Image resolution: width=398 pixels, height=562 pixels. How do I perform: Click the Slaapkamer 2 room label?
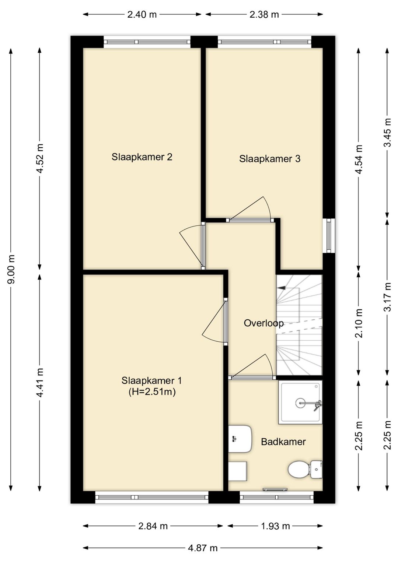142,157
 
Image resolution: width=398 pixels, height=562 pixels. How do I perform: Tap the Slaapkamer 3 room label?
269,159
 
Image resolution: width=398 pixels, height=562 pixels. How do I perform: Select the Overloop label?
263,323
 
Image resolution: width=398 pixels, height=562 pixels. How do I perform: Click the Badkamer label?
283,442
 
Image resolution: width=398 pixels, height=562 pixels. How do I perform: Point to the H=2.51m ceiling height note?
152,392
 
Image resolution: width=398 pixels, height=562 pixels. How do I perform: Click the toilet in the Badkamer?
304,470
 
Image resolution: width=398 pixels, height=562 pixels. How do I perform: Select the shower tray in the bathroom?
300,402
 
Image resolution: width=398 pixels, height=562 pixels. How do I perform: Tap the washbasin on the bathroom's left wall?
239,439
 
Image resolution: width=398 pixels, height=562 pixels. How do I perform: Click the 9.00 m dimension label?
11,269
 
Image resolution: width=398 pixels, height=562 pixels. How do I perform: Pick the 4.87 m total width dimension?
202,548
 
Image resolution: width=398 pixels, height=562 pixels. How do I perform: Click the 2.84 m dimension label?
153,526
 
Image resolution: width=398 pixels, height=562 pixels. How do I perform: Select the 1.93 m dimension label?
275,526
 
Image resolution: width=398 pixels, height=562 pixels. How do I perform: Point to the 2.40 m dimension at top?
142,15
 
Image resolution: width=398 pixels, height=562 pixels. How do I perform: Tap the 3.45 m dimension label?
387,133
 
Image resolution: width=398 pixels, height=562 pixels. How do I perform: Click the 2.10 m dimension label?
359,323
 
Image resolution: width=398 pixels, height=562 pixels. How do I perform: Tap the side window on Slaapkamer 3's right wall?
329,236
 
